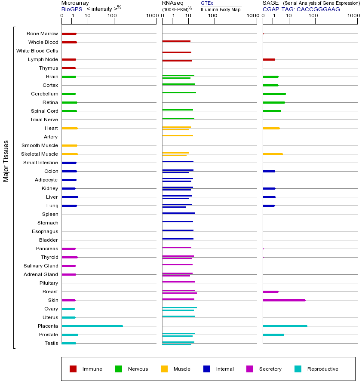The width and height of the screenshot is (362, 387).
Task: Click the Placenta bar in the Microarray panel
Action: [x=92, y=326]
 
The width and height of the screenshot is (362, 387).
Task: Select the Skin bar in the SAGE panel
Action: [x=284, y=300]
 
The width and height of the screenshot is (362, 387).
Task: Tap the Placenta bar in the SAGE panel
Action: [x=285, y=326]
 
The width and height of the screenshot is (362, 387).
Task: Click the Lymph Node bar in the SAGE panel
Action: [x=269, y=59]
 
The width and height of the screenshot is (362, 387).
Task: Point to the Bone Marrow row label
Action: [x=42, y=34]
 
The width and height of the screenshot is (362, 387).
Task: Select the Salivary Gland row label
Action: [x=41, y=266]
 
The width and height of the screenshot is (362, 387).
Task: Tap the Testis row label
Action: [x=51, y=343]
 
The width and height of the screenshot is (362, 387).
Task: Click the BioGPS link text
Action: [x=72, y=9]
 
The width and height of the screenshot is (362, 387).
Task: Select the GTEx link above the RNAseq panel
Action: [x=207, y=3]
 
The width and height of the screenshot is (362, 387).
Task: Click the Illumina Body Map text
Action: [x=221, y=9]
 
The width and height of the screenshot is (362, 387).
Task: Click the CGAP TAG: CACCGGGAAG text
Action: [x=301, y=9]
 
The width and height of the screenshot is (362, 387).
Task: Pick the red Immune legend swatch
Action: [x=73, y=369]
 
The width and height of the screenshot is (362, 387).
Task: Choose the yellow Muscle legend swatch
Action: [x=164, y=369]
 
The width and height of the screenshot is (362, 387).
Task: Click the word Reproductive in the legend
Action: [x=322, y=369]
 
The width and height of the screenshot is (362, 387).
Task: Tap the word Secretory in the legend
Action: [x=270, y=369]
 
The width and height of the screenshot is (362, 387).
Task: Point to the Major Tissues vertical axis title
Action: [x=6, y=161]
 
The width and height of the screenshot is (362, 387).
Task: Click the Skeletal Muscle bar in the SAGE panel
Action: [x=273, y=154]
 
